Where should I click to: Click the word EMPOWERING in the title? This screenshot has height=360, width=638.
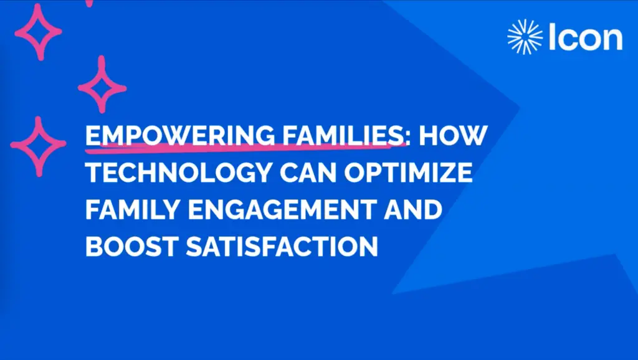[x=180, y=135]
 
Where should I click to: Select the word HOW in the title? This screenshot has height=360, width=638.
[x=454, y=135]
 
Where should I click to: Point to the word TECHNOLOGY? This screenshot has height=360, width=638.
[x=179, y=173]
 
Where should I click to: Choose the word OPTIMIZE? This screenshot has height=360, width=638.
[x=409, y=173]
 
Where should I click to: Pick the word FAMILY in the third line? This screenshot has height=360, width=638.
[x=133, y=209]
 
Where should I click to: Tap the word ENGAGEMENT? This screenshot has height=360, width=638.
[x=281, y=209]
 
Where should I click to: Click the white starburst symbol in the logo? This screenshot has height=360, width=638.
[x=525, y=37]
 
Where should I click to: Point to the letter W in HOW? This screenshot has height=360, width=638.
[x=474, y=135]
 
